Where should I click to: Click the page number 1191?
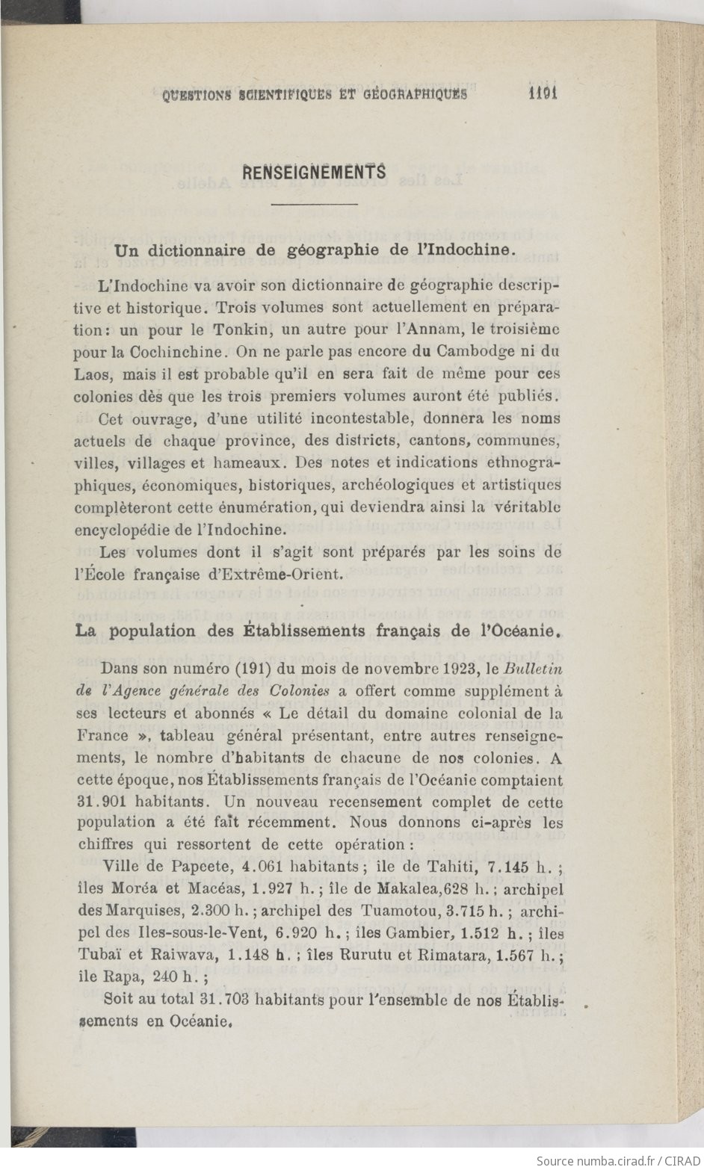pyautogui.click(x=543, y=93)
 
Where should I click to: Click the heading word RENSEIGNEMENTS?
pyautogui.click(x=315, y=172)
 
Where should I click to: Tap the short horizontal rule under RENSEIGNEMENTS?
pyautogui.click(x=315, y=203)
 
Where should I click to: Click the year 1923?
pyautogui.click(x=460, y=668)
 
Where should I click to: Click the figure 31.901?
pyautogui.click(x=102, y=802)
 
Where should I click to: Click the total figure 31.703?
pyautogui.click(x=224, y=1000)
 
